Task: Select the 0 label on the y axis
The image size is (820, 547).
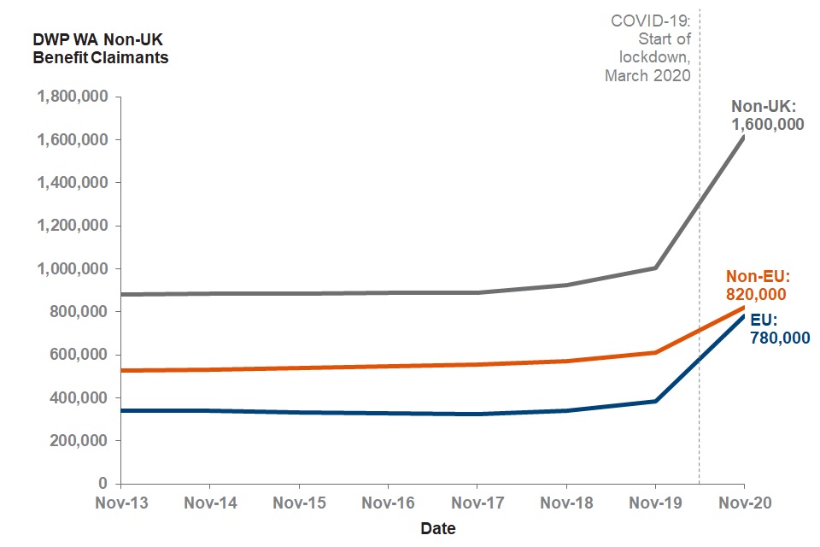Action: [x=102, y=484]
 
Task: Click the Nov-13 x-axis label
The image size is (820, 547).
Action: [x=120, y=503]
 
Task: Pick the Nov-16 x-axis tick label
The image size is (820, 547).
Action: [x=388, y=503]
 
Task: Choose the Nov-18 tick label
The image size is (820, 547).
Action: [x=566, y=503]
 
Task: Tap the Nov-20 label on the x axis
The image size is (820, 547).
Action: [x=744, y=503]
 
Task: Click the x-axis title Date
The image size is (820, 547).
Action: [x=438, y=528]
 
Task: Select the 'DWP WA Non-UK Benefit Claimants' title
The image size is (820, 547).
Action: [x=100, y=50]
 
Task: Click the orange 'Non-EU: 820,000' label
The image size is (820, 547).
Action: [x=756, y=285]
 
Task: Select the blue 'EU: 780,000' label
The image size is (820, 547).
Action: [x=779, y=329]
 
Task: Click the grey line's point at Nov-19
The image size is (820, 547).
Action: [x=655, y=268]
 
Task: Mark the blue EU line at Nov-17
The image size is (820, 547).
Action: [x=477, y=414]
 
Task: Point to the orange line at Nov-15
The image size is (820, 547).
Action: [x=299, y=368]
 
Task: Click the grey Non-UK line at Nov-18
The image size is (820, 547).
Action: [x=566, y=285]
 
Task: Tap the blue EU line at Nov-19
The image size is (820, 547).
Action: [x=655, y=401]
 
